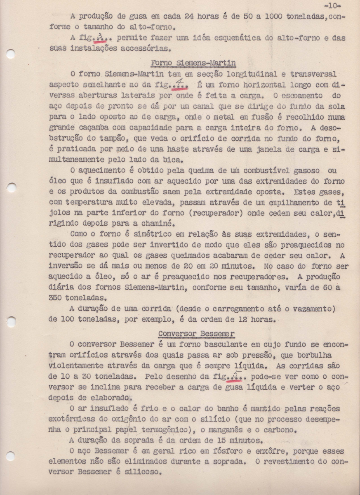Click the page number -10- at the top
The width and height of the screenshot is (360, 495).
click(332, 5)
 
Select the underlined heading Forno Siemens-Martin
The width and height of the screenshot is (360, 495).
click(193, 63)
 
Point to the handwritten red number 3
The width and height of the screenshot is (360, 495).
click(99, 38)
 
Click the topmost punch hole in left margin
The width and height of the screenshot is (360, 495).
click(11, 54)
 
